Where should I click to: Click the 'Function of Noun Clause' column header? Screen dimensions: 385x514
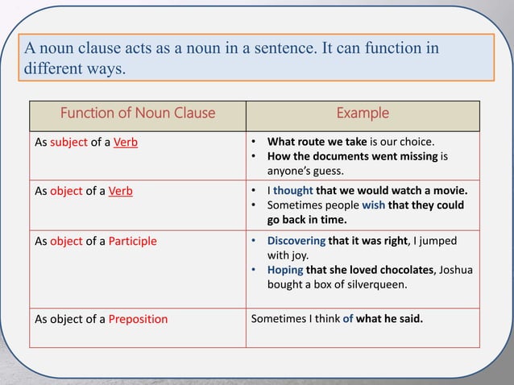pyautogui.click(x=138, y=113)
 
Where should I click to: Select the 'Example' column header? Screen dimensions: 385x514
pyautogui.click(x=362, y=113)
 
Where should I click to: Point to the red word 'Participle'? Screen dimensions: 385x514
pyautogui.click(x=133, y=241)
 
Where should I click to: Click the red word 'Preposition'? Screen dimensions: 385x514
pyautogui.click(x=138, y=319)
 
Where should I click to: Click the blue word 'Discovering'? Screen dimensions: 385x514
pyautogui.click(x=296, y=241)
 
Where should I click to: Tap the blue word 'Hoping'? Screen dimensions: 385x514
pyautogui.click(x=285, y=270)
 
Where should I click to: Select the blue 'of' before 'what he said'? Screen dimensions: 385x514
pyautogui.click(x=348, y=318)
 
